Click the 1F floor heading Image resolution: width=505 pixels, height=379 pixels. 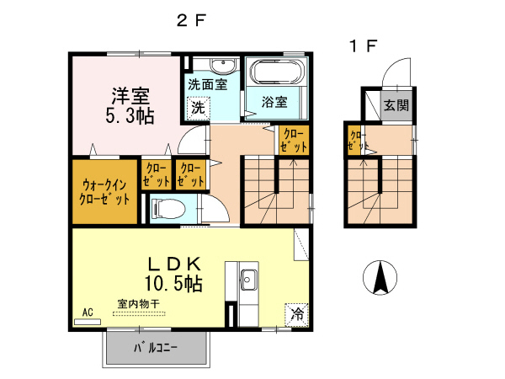tap(364, 46)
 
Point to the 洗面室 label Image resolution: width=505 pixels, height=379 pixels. tap(207, 85)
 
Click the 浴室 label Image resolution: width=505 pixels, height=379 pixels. tap(274, 103)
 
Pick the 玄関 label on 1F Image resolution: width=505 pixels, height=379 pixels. tap(396, 106)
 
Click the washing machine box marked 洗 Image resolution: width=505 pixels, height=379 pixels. tap(196, 108)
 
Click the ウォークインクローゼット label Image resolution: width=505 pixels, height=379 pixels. tap(105, 193)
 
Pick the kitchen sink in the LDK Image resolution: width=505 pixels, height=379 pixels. tap(249, 279)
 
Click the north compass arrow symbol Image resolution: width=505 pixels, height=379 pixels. tap(380, 275)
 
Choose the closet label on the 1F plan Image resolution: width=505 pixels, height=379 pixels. tap(355, 140)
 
